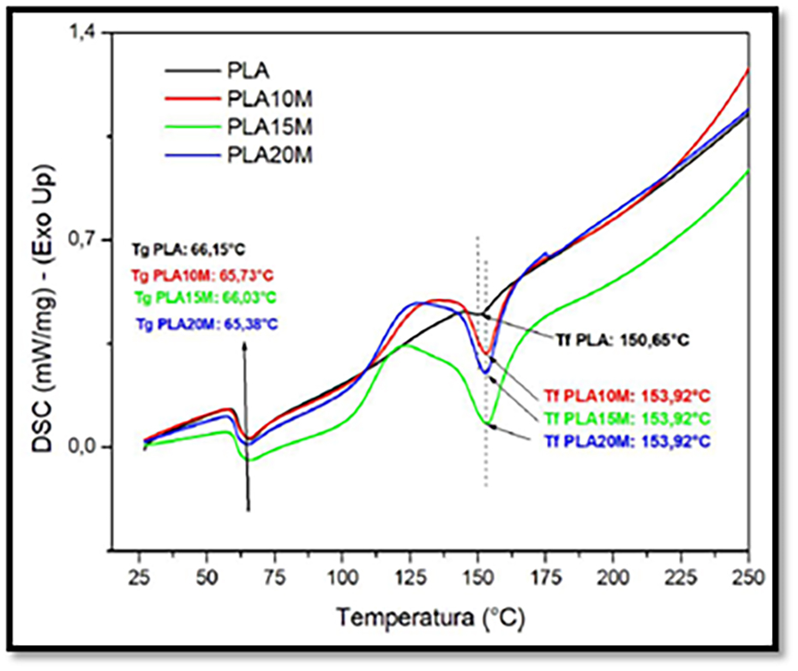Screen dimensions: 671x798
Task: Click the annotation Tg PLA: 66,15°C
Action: tap(189, 250)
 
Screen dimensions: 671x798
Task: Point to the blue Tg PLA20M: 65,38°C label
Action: tap(207, 325)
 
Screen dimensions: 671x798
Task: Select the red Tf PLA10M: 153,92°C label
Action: tap(626, 396)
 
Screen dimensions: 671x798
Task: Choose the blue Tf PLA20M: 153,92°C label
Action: tap(626, 442)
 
